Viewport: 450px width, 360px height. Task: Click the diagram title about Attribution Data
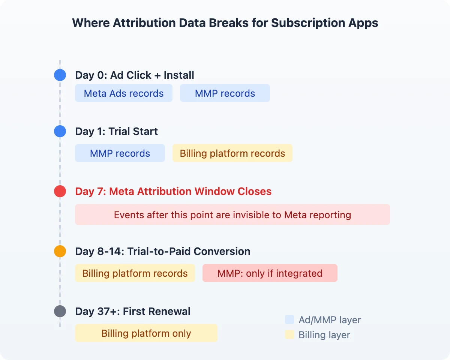225,23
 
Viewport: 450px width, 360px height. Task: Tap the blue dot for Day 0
60,75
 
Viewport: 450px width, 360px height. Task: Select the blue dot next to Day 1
60,131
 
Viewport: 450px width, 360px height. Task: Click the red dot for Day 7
60,191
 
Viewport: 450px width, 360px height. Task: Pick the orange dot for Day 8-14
60,251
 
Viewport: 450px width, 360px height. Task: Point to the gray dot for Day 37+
60,311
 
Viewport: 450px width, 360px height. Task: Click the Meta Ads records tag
124,93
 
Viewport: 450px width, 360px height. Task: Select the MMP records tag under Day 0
225,93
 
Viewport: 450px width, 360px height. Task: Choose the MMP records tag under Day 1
120,153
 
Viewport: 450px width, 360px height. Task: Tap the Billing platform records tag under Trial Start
232,153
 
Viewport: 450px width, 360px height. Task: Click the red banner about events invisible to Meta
232,214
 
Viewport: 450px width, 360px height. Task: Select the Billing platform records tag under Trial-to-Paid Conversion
135,273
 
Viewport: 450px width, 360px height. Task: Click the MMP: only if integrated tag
270,273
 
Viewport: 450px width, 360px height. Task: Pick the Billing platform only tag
146,333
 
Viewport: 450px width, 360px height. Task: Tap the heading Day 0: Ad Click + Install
135,75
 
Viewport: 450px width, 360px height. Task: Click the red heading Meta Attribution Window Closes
173,191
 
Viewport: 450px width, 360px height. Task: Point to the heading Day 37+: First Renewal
133,311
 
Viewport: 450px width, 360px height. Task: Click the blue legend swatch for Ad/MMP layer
289,319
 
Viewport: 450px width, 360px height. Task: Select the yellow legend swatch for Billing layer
289,334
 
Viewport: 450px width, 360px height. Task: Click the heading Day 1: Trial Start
117,131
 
